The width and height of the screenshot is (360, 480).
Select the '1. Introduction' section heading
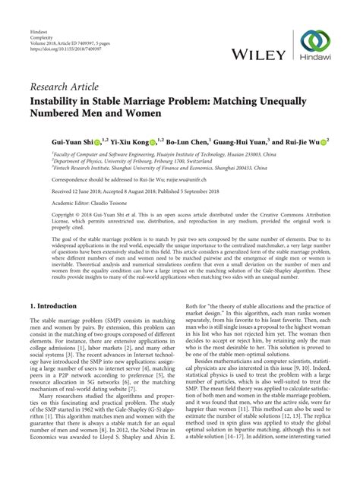53,305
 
